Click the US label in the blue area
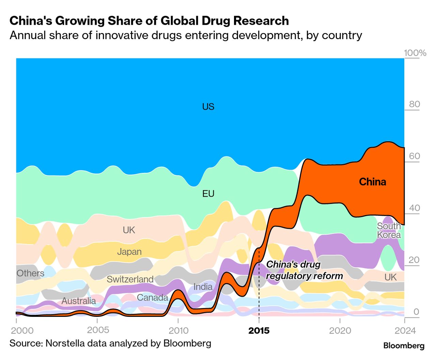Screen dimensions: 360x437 coord(208,107)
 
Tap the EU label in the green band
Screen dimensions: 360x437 coord(208,194)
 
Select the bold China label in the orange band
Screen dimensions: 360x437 coord(372,182)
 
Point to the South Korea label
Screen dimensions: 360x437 coord(389,230)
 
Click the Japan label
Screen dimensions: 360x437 coord(129,252)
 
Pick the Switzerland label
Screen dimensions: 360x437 coord(130,279)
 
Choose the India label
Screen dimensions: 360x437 coord(203,287)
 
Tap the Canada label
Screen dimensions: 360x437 coord(152,297)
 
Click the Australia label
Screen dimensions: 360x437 coord(79,301)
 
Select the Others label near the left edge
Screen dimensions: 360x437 coord(30,273)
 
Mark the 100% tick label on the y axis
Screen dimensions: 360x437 coord(415,53)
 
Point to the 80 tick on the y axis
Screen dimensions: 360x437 coord(414,104)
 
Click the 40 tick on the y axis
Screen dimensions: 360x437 coord(414,208)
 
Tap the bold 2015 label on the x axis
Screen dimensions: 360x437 coord(259,331)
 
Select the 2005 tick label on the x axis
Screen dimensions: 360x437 coord(98,330)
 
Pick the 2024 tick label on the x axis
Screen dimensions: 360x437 coord(405,331)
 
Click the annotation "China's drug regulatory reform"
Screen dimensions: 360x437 coord(304,270)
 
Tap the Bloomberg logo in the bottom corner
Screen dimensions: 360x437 coord(404,346)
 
